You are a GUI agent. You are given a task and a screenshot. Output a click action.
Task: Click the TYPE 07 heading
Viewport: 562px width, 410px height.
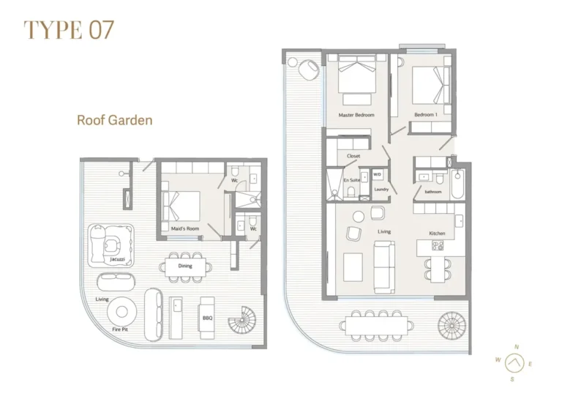click(x=69, y=30)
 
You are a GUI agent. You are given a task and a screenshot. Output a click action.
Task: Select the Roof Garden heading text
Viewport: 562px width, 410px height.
click(x=115, y=119)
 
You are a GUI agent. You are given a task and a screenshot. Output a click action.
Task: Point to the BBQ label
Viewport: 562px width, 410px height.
click(x=207, y=318)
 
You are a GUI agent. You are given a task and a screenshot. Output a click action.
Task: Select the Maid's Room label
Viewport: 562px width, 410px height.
click(x=186, y=229)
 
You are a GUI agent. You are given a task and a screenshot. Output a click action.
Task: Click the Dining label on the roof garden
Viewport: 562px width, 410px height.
click(x=185, y=266)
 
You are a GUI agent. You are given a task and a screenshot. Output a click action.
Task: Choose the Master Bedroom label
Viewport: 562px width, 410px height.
click(x=356, y=116)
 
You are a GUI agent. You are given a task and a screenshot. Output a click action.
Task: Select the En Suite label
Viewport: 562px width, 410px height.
click(x=350, y=179)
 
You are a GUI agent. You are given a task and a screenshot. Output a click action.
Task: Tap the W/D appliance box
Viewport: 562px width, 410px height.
click(x=378, y=175)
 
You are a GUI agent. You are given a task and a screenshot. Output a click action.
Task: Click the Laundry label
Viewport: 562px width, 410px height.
click(x=381, y=190)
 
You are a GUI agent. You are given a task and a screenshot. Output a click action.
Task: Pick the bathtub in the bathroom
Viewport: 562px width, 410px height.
click(x=457, y=182)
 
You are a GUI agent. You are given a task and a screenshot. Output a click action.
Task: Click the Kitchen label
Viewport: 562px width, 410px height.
click(x=437, y=233)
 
